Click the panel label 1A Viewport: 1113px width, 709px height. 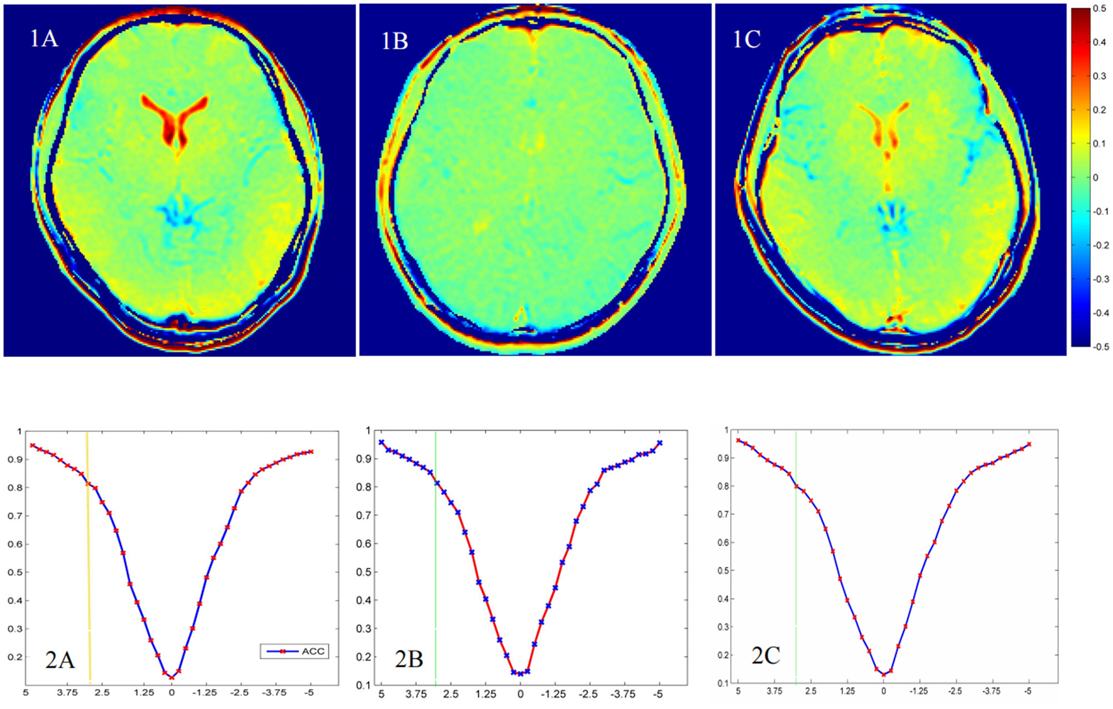(43, 39)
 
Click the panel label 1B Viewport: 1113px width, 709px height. (394, 41)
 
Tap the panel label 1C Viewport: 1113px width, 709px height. (747, 40)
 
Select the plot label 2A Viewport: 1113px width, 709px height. (60, 660)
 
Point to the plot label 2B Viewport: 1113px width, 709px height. (408, 659)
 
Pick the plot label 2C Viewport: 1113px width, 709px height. (766, 656)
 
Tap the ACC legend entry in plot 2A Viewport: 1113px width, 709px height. (295, 651)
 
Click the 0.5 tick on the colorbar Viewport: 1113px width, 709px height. (1099, 9)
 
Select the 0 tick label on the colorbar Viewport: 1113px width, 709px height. (1096, 178)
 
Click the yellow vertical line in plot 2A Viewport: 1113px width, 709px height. (89, 553)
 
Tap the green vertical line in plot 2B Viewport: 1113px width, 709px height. (435, 553)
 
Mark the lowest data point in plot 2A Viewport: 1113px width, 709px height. (171, 678)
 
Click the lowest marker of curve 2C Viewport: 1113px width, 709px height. (884, 675)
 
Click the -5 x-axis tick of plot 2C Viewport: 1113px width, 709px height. (1028, 691)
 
